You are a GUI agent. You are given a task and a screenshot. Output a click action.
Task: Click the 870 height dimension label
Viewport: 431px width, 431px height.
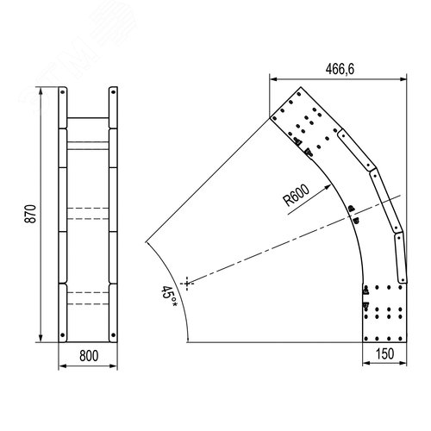click(30, 214)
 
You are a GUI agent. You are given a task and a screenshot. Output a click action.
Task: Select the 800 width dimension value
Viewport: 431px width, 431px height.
click(89, 356)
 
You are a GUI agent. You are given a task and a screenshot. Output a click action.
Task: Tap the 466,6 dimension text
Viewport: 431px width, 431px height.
click(340, 69)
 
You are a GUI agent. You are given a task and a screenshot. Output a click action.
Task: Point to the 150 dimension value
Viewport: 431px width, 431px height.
click(384, 354)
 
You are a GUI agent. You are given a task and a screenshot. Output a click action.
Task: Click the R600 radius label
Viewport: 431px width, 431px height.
click(297, 195)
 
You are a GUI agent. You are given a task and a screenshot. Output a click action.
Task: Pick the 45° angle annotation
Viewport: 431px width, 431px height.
click(169, 296)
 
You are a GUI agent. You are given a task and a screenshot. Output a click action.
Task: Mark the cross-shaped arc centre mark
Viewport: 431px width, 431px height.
click(187, 284)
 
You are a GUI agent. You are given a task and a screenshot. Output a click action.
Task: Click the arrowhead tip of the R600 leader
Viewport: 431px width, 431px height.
click(331, 185)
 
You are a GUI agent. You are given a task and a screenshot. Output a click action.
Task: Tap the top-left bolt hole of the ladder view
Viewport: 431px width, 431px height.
click(62, 92)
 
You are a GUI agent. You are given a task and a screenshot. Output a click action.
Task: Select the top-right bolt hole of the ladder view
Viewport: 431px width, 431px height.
click(113, 92)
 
